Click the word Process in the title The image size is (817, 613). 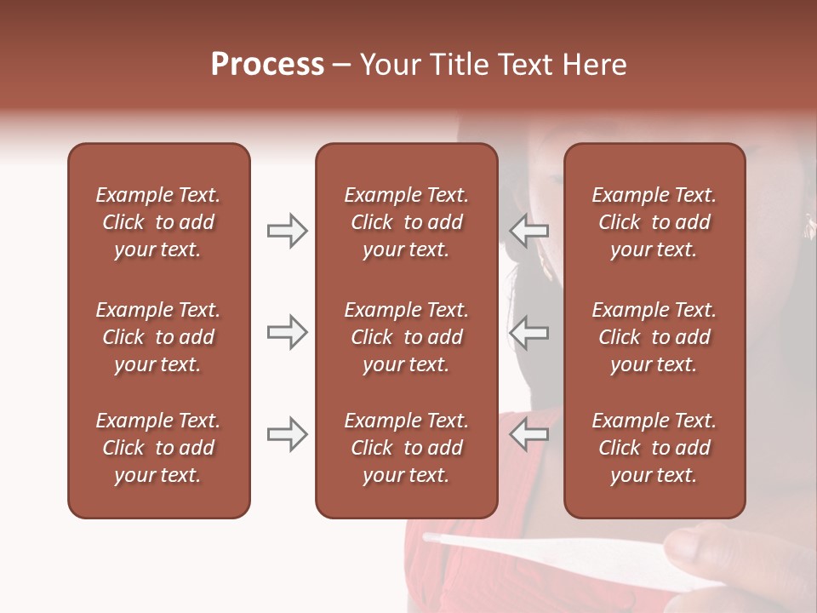point(267,65)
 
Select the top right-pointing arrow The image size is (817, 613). point(287,231)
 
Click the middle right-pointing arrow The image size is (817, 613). point(287,332)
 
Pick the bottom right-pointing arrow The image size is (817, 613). point(287,434)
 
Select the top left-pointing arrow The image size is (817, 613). point(529,231)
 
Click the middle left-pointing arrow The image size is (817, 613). point(529,332)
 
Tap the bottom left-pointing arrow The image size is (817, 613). point(529,434)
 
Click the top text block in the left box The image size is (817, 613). point(158,222)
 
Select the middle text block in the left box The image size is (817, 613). point(158,337)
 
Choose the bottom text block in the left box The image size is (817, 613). point(158,448)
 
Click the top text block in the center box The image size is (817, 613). point(406,222)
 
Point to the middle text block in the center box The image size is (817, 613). point(406,337)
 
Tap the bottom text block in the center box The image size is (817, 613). point(406,448)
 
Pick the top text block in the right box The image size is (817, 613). point(654,222)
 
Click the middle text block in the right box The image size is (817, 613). point(654,337)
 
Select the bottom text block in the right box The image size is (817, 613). point(654,448)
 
